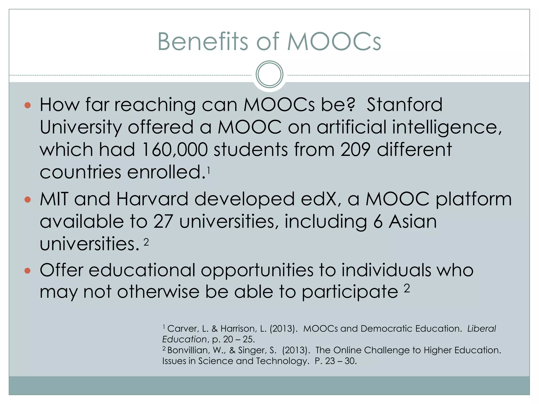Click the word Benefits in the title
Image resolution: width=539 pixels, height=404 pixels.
tap(203, 42)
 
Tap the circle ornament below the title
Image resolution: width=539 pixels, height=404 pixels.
tap(269, 74)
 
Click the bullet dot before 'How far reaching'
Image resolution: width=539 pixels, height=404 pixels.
tap(28, 105)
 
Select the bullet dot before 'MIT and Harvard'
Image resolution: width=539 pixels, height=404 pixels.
tap(28, 200)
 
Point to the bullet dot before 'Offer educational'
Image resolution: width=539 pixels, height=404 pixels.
tap(28, 271)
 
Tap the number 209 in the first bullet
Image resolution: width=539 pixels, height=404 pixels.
tap(355, 150)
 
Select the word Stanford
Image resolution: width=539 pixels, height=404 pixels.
tap(405, 105)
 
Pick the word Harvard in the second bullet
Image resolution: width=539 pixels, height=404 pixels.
tap(152, 199)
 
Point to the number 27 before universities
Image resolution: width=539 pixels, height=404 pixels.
tap(163, 221)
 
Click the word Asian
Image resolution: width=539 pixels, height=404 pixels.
tap(413, 221)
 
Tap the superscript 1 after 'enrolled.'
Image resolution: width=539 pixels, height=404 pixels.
tap(208, 171)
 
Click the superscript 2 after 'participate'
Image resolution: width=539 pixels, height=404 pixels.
tap(407, 289)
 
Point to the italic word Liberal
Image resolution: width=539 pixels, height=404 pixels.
tap(482, 329)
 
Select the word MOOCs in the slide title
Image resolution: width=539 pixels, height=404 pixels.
tap(334, 42)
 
